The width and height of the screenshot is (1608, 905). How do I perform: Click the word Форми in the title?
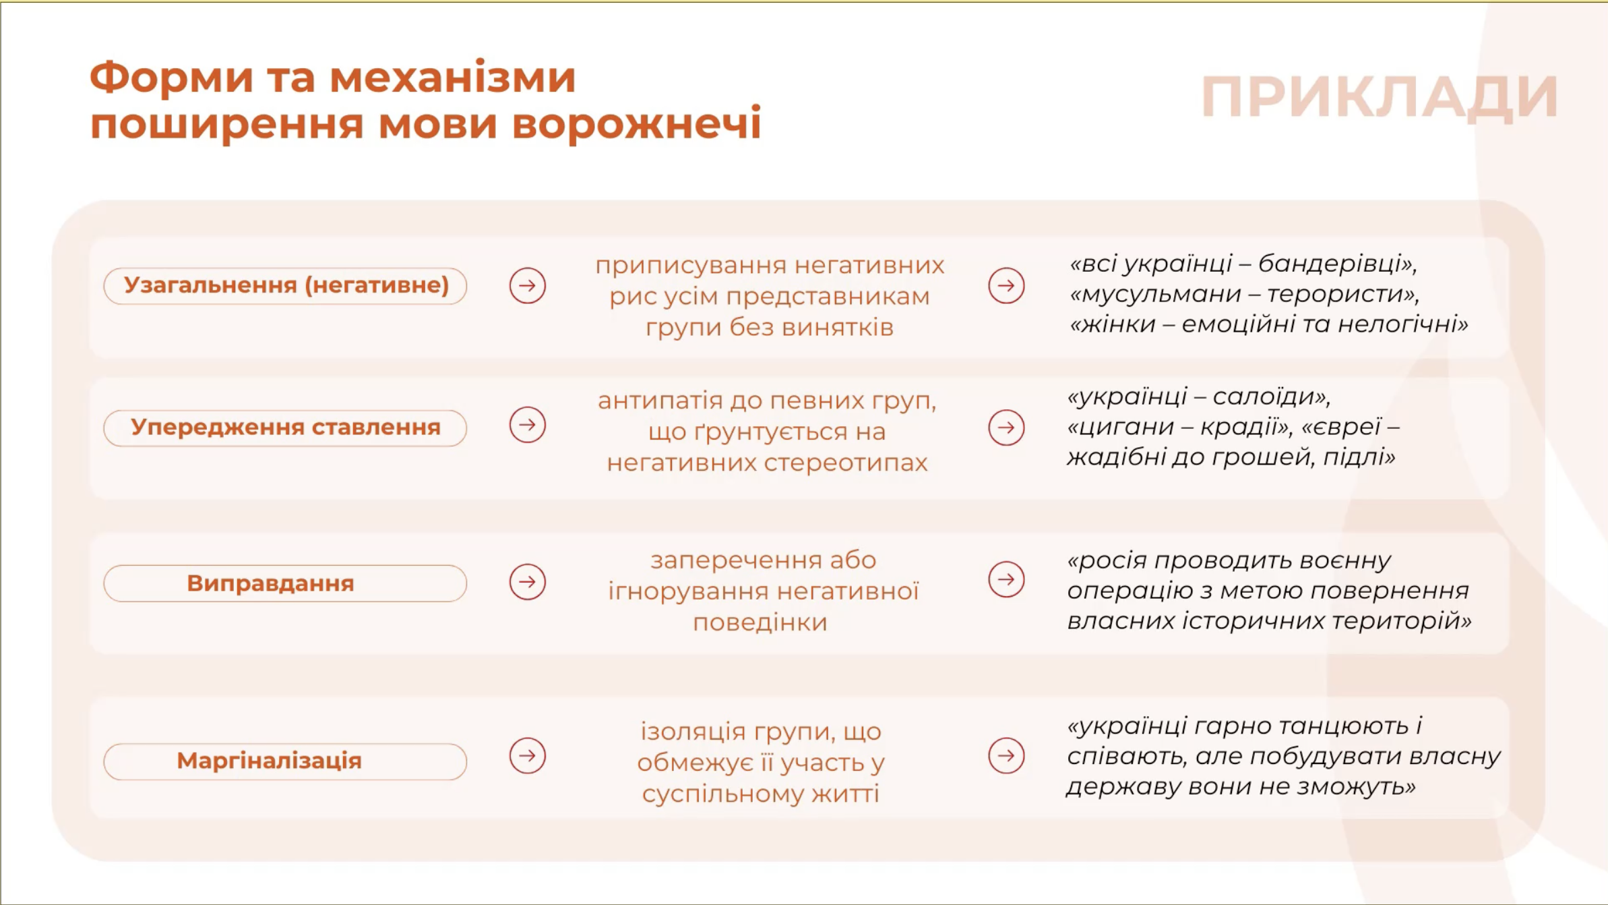point(172,77)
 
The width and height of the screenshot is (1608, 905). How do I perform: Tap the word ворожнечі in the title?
point(637,124)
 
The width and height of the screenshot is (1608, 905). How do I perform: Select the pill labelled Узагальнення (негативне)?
point(285,286)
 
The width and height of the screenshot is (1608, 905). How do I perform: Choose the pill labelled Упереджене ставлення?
point(285,428)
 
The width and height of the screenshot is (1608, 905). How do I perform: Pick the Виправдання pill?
point(285,583)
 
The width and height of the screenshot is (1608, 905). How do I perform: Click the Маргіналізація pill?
point(285,761)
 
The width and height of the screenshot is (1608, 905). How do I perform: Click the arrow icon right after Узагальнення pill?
point(527,286)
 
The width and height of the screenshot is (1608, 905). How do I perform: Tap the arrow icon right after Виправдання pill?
point(527,582)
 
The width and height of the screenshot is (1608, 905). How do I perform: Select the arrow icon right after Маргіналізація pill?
point(527,756)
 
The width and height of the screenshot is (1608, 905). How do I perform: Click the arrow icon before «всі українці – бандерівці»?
point(1006,286)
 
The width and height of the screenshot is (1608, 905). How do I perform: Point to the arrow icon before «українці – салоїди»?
point(1006,428)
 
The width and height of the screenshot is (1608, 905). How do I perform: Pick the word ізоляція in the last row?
point(693,732)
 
